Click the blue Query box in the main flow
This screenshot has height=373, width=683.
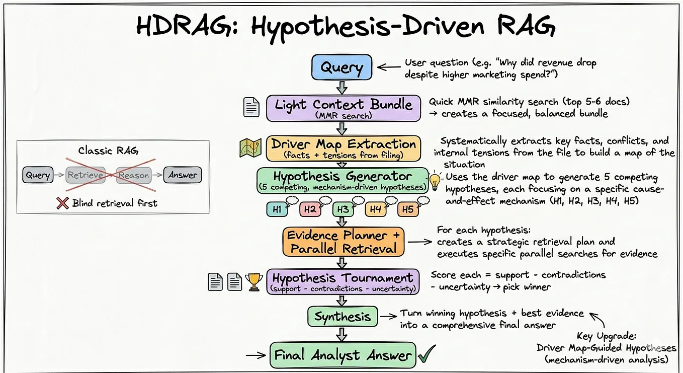pos(342,67)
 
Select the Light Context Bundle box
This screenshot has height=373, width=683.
pos(344,108)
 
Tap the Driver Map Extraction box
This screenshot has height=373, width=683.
pos(344,148)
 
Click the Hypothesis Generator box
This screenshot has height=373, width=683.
pos(343,180)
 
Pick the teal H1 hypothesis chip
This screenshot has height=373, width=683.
pos(277,209)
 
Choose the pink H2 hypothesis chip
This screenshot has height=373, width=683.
pos(310,209)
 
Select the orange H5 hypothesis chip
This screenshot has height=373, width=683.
pos(408,209)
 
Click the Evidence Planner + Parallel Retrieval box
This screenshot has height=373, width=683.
pos(344,242)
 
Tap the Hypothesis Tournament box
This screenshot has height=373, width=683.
pos(343,282)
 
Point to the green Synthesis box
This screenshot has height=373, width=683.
pos(343,317)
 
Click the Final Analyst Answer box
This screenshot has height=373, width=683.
pos(343,355)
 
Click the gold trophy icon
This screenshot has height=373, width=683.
pos(253,282)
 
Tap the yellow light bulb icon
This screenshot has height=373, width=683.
pos(435,182)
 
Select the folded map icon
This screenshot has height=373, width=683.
pos(250,147)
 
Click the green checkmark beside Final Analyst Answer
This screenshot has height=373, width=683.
pos(427,354)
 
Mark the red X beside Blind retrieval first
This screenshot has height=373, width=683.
pos(62,203)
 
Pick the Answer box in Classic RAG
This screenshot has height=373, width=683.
pos(183,175)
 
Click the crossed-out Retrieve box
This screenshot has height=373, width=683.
pos(86,175)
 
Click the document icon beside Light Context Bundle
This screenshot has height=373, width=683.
pos(251,107)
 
